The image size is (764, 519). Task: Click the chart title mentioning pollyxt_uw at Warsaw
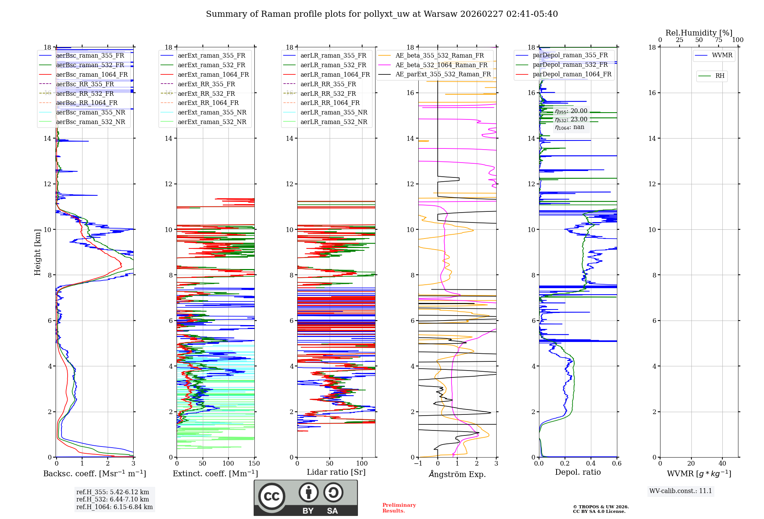click(x=382, y=14)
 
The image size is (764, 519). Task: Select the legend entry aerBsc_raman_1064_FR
click(x=92, y=74)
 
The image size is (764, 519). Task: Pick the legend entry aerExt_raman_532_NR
click(x=212, y=122)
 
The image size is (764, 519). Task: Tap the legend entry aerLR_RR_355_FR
click(x=328, y=84)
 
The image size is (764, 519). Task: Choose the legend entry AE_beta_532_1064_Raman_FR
click(x=441, y=65)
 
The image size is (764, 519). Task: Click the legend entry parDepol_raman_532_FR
click(x=570, y=64)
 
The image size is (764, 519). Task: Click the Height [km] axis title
click(x=37, y=252)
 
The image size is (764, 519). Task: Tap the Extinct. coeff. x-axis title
click(x=215, y=474)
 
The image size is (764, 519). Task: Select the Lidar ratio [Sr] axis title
click(x=336, y=472)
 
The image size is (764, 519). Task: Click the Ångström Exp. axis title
click(x=457, y=474)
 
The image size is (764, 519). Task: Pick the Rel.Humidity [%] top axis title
click(x=699, y=33)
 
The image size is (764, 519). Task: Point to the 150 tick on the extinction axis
click(x=254, y=464)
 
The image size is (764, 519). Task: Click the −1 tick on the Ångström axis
click(x=418, y=464)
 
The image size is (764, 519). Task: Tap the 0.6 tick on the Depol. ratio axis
click(x=617, y=464)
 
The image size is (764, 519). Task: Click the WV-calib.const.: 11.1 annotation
click(x=681, y=491)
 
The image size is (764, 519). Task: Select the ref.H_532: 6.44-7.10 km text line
click(x=113, y=499)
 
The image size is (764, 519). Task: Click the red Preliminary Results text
click(x=399, y=508)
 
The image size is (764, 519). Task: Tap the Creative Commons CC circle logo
click(x=272, y=496)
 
